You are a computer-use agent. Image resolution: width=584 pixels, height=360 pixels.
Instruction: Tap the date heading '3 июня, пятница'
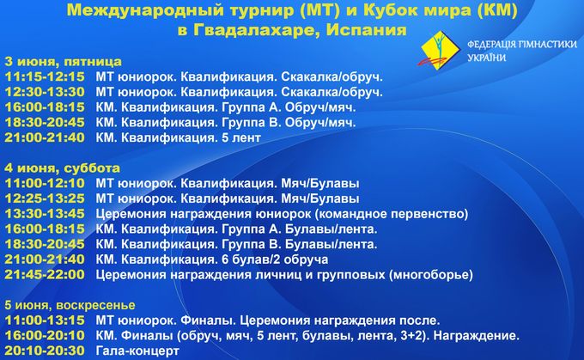[x=63, y=61]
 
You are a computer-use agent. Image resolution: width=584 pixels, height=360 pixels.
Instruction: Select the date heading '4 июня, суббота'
[x=62, y=168]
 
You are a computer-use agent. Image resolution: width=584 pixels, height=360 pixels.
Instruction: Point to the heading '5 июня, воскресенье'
[x=70, y=305]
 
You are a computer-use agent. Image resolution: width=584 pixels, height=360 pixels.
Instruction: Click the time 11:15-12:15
[x=45, y=76]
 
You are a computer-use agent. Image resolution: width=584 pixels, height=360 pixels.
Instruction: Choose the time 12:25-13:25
[x=45, y=198]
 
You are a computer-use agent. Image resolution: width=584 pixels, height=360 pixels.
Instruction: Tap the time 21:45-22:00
[x=45, y=275]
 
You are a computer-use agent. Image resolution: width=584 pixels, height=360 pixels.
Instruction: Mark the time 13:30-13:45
[x=45, y=214]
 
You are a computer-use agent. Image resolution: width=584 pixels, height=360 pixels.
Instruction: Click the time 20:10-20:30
[x=45, y=351]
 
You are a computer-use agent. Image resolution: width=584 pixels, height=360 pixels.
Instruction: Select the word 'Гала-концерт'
[x=137, y=351]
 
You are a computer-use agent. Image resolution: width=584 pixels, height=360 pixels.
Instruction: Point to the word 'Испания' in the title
[x=366, y=30]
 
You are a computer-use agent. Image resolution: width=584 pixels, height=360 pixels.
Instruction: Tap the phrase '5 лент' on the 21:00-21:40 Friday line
[x=241, y=137]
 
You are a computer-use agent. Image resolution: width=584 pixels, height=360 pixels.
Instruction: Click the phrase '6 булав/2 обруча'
[x=275, y=259]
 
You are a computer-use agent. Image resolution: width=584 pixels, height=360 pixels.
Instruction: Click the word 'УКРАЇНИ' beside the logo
[x=486, y=58]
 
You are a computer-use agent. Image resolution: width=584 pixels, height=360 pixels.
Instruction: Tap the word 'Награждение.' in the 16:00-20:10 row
[x=477, y=336]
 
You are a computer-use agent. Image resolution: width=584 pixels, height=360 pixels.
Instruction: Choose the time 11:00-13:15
[x=45, y=320]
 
